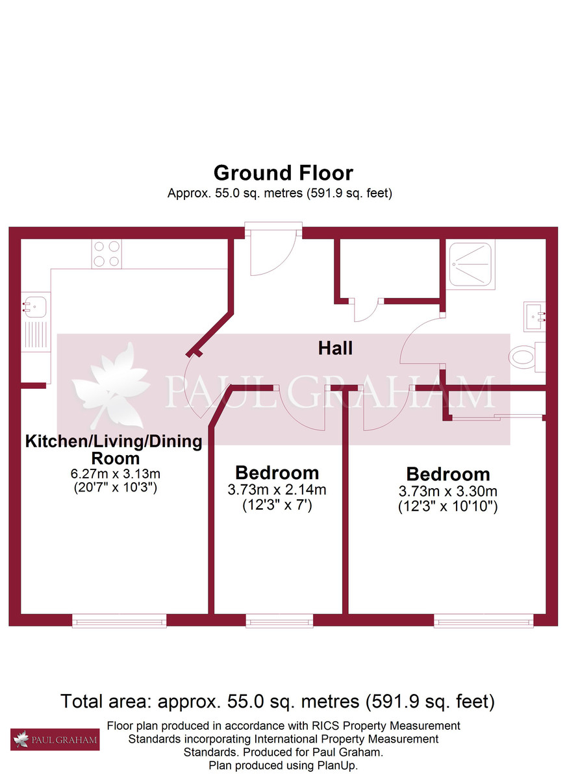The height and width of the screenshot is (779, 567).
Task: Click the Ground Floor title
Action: (283, 173)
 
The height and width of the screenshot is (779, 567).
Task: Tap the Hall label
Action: (335, 348)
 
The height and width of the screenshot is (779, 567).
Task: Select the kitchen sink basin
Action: (34, 304)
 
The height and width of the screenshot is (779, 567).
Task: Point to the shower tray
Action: (472, 264)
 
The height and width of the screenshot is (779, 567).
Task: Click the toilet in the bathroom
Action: (526, 356)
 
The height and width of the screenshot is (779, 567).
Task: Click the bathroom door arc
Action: (419, 341)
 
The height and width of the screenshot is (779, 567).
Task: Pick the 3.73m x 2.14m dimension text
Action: (277, 490)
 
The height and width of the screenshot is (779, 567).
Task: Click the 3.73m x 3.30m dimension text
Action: (447, 491)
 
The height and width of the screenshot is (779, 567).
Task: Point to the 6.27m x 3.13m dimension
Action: (114, 474)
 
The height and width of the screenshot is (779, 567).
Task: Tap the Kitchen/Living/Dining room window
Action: (120, 621)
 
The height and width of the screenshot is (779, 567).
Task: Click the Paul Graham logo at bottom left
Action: (55, 739)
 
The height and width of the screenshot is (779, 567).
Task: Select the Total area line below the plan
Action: (277, 701)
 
